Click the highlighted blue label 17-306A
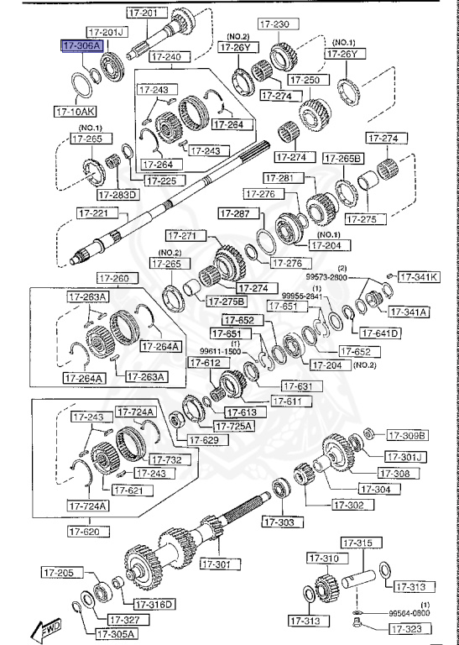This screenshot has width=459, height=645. (x=81, y=47)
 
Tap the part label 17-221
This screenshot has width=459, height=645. (x=94, y=213)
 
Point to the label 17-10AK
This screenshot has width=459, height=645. (x=75, y=110)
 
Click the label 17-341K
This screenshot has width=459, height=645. (x=417, y=276)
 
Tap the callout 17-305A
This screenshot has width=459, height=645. (x=117, y=633)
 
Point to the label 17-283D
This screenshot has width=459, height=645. (x=118, y=195)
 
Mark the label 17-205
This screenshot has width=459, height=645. (x=60, y=573)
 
